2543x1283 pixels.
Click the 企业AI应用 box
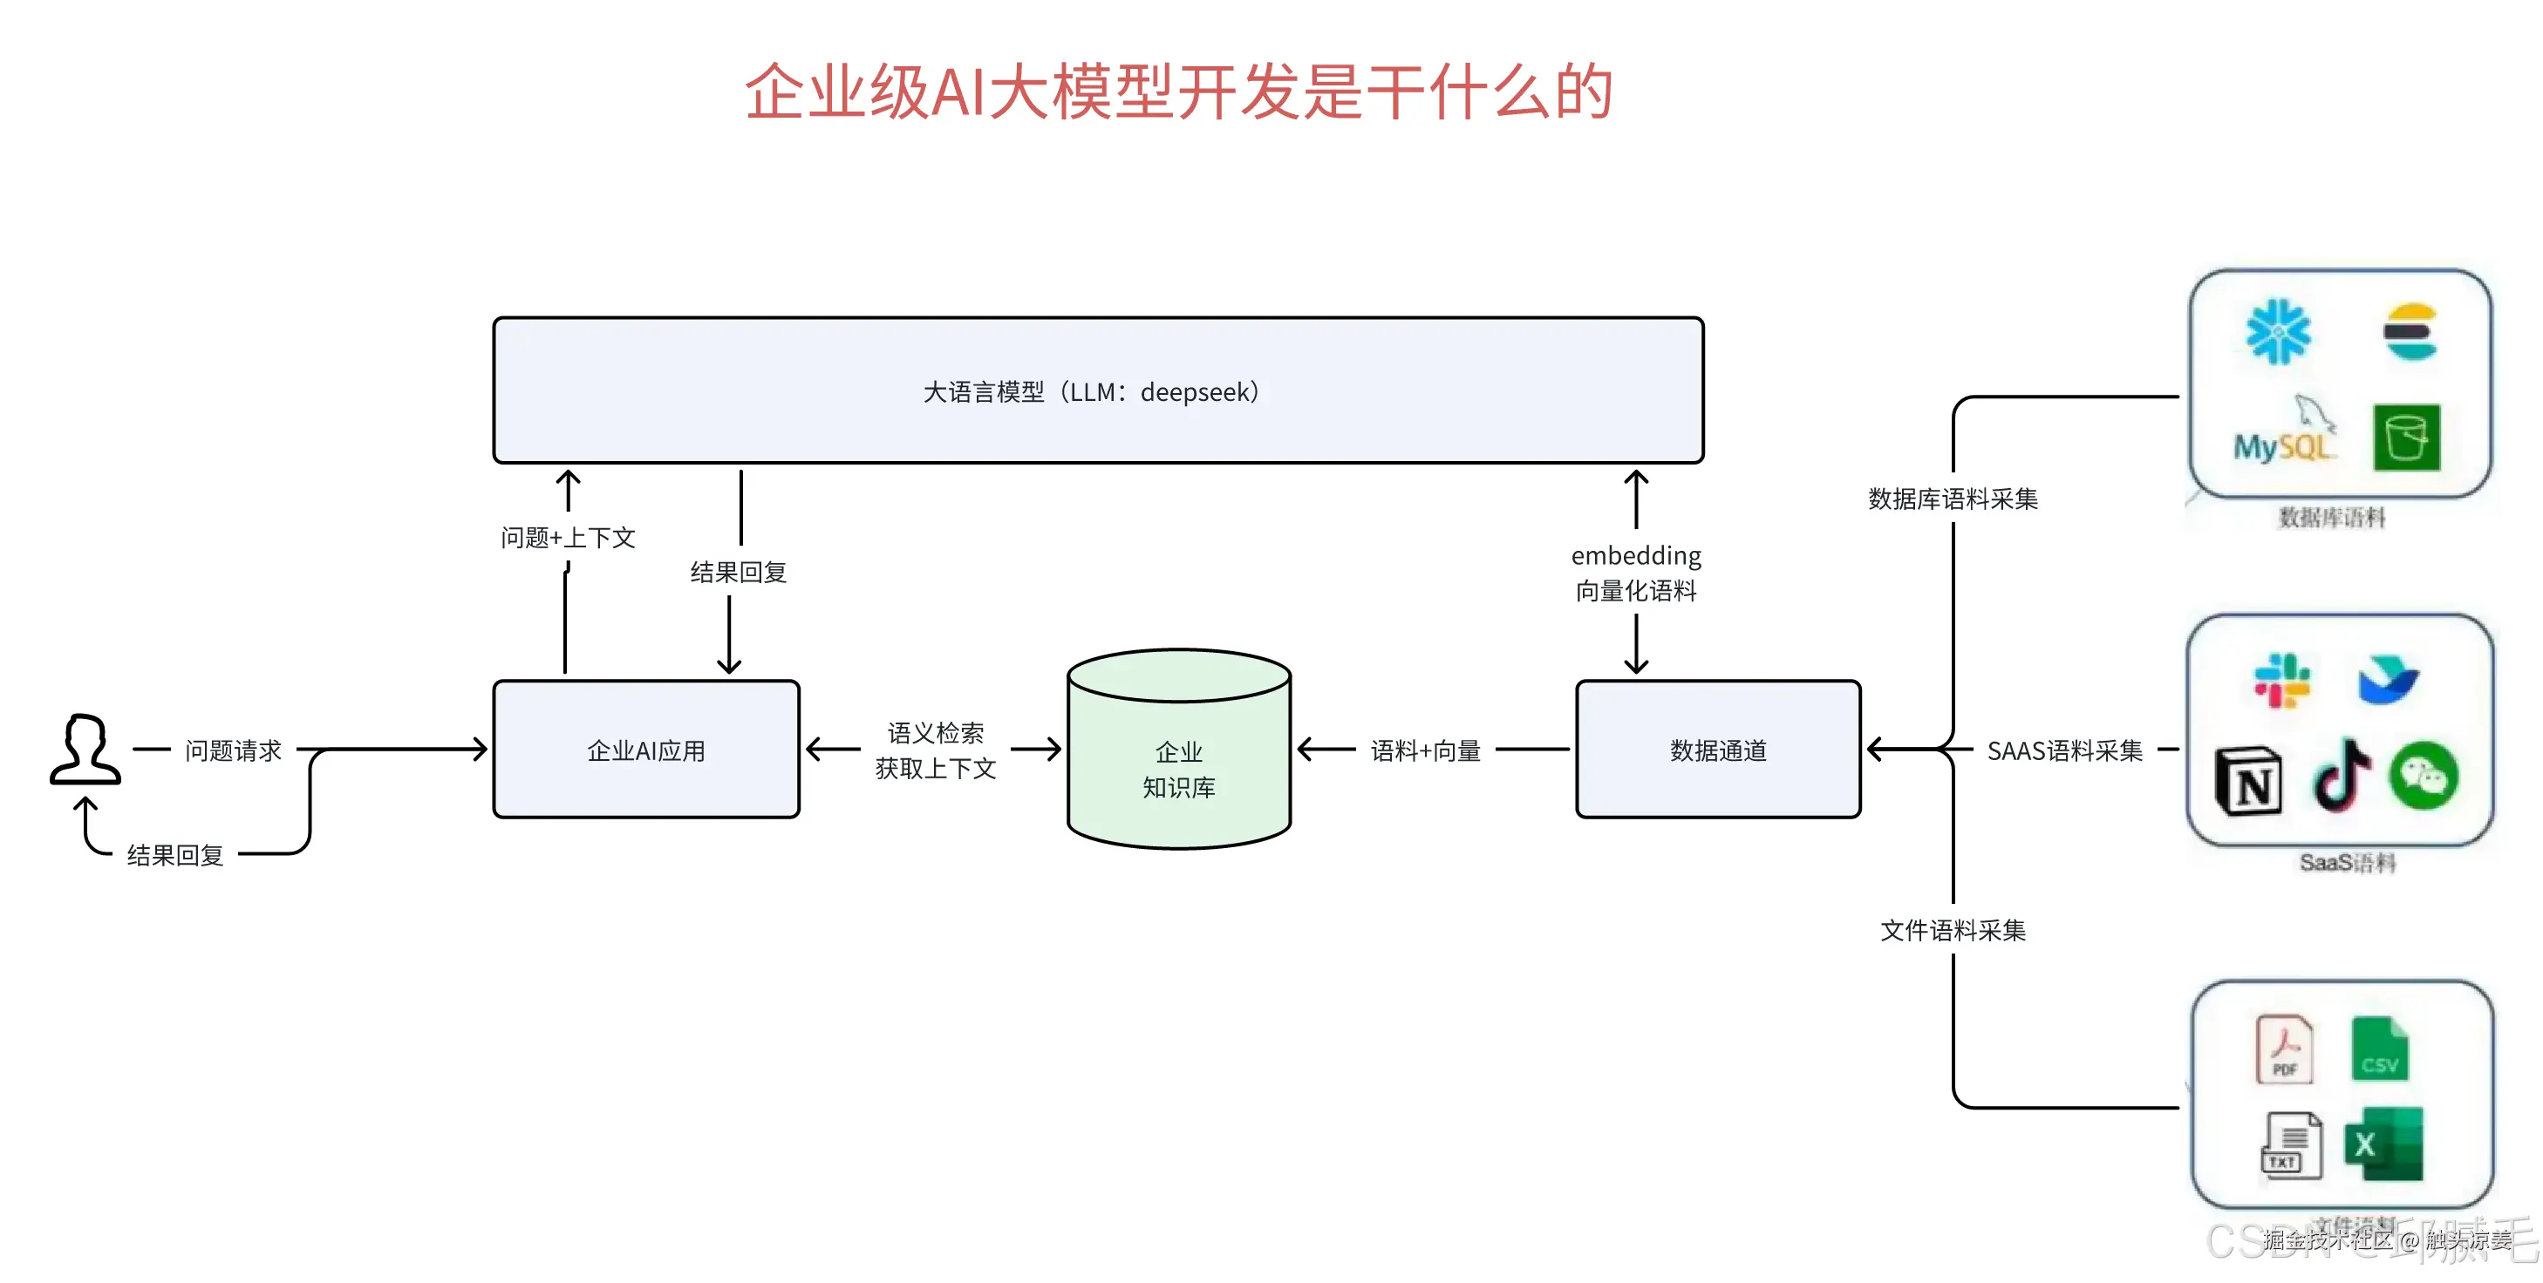645,750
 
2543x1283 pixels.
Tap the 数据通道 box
1718,750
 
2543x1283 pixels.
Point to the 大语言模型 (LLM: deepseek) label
1091,392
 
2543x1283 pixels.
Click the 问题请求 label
233,750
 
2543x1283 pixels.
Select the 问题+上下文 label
568,538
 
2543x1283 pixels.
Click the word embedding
1636,555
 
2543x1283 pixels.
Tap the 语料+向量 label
1426,750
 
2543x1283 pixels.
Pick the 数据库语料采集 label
1952,499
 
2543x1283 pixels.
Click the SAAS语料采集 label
2064,750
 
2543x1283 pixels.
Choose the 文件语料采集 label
1952,930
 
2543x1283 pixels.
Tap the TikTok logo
2342,776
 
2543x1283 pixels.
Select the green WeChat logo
2423,776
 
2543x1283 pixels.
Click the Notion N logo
2249,782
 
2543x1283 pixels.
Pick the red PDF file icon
2283,1049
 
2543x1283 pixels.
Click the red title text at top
1179,92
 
